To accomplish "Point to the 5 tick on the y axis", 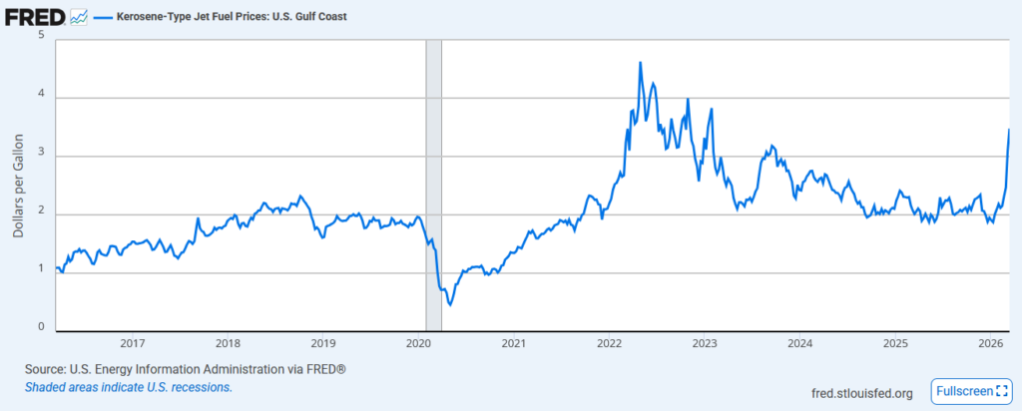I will point(42,36).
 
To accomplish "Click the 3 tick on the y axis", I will point(42,156).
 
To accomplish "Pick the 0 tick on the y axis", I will point(42,327).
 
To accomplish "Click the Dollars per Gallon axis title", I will point(19,185).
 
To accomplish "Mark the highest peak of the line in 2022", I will point(640,63).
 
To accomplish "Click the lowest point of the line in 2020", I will point(450,304).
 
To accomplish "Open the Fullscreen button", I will point(968,392).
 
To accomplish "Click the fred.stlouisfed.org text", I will point(863,393).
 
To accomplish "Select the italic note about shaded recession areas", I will point(129,387).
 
